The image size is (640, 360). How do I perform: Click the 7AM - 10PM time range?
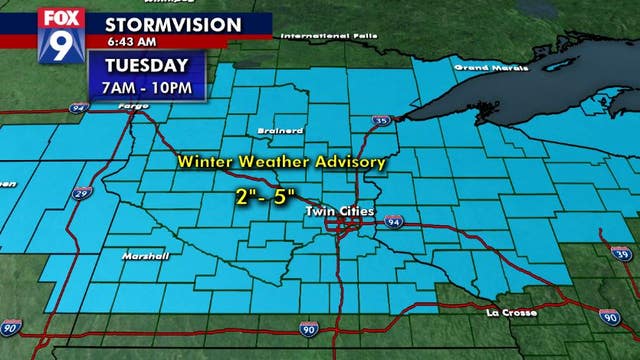[x=149, y=88]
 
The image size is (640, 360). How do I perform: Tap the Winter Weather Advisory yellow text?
[x=281, y=161]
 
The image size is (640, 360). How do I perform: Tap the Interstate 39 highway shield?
[x=627, y=261]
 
